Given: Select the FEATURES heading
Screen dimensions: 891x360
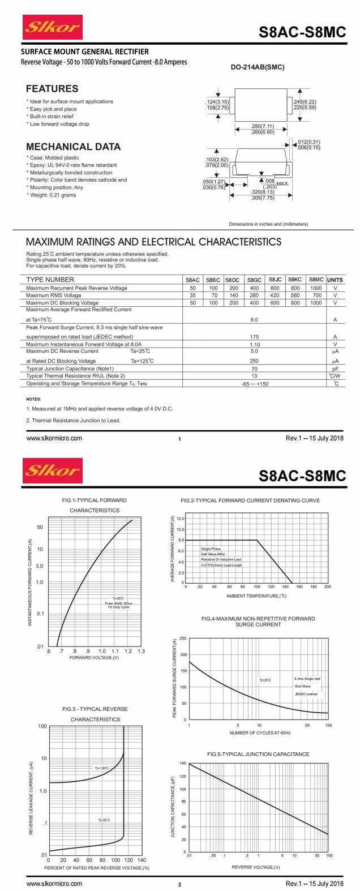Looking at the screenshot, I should pyautogui.click(x=52, y=89).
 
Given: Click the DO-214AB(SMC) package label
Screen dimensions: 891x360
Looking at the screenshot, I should pyautogui.click(x=258, y=67).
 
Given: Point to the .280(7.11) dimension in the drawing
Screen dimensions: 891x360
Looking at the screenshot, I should pyautogui.click(x=263, y=126).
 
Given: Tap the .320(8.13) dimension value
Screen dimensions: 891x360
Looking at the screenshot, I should pyautogui.click(x=263, y=192).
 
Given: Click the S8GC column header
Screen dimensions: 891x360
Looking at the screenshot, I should pyautogui.click(x=254, y=280).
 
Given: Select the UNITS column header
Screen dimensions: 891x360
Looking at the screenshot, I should pyautogui.click(x=335, y=280).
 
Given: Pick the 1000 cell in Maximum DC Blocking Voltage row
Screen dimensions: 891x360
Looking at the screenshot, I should pyautogui.click(x=316, y=303).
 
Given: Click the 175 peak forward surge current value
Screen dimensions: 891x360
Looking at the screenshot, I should pyautogui.click(x=254, y=337).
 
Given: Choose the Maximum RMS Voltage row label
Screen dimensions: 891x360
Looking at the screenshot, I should pyautogui.click(x=54, y=295).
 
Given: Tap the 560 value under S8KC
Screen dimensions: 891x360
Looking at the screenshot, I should pyautogui.click(x=295, y=295).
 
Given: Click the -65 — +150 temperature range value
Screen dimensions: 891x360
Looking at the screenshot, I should pyautogui.click(x=255, y=384).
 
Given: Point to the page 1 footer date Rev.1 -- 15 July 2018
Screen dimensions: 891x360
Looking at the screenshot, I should pyautogui.click(x=314, y=438).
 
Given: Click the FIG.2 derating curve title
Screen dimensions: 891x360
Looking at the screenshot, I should pyautogui.click(x=250, y=500).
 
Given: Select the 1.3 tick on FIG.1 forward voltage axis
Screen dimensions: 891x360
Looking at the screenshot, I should pyautogui.click(x=141, y=651).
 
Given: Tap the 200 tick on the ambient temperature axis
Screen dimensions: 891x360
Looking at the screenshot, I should pyautogui.click(x=327, y=587).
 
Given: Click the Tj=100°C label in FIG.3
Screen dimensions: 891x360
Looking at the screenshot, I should pyautogui.click(x=101, y=768).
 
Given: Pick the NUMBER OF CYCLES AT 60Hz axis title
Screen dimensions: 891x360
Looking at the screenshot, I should pyautogui.click(x=260, y=733).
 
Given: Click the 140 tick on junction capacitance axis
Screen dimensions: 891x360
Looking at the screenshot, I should pyautogui.click(x=183, y=763).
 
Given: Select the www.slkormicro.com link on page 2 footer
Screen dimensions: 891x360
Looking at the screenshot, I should pyautogui.click(x=54, y=884).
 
